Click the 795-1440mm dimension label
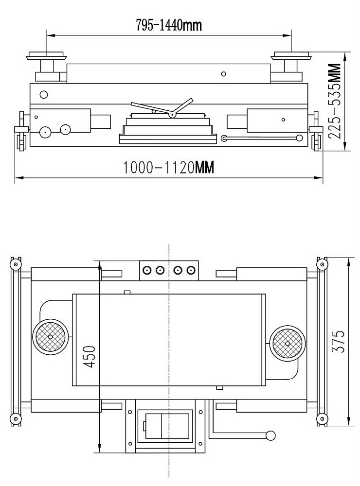169,25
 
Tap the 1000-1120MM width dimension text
169,167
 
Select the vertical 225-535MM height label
335,102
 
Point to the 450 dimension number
90,356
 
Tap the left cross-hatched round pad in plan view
50,337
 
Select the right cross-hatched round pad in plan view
288,344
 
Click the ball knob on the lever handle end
270,435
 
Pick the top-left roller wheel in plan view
15,264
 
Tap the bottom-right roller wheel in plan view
322,419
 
